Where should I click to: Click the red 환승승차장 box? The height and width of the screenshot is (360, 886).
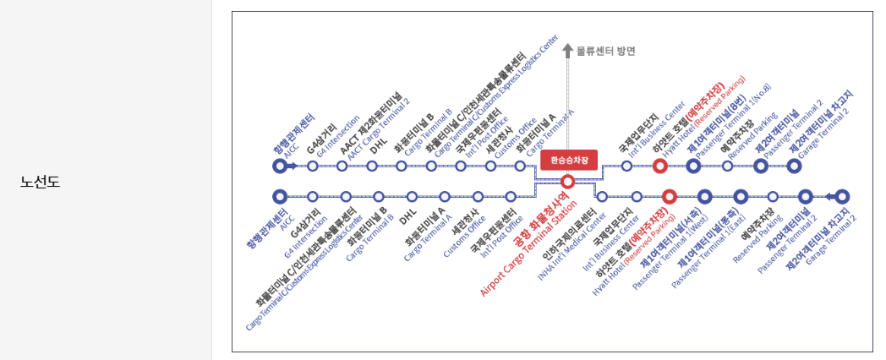click(568, 160)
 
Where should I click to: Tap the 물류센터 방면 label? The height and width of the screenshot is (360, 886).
click(605, 51)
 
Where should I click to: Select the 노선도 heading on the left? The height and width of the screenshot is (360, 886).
click(40, 181)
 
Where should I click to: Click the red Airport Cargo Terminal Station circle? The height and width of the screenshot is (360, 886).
click(568, 181)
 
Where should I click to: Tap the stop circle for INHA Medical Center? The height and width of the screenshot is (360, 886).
click(602, 197)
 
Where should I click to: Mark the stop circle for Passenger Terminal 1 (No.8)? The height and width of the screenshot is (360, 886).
click(693, 166)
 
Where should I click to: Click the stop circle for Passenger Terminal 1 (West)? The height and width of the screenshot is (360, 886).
click(670, 197)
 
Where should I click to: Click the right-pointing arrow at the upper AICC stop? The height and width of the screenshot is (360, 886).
click(292, 166)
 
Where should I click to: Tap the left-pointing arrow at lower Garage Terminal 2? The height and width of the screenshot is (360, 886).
click(830, 197)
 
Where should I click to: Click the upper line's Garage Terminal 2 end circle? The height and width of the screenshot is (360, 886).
click(794, 166)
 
